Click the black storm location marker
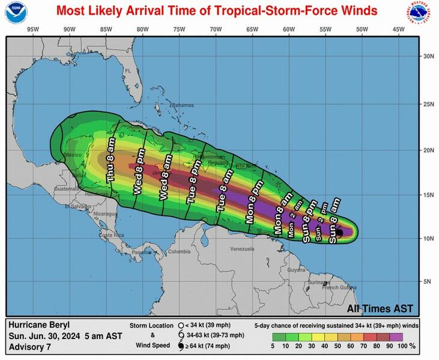click(339, 232)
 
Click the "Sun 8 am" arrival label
click(334, 221)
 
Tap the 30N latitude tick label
click(429, 56)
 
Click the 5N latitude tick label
click(429, 281)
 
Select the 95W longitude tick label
click(33, 29)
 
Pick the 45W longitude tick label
click(398, 29)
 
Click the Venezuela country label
click(242, 248)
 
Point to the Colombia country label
click(178, 251)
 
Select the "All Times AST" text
click(380, 308)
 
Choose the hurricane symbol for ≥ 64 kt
click(181, 347)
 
